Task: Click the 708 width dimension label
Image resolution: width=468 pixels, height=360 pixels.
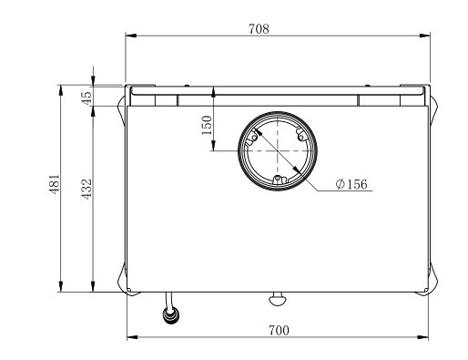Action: click(259, 29)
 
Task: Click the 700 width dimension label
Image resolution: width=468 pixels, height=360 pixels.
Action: click(279, 331)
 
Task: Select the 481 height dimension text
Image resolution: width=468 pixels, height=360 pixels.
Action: click(55, 184)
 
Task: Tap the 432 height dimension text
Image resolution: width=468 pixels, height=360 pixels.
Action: click(86, 189)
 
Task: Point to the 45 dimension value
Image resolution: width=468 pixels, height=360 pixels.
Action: click(86, 98)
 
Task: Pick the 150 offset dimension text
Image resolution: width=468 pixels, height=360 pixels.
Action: click(208, 126)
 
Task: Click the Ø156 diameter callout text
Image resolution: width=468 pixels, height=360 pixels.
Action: click(351, 184)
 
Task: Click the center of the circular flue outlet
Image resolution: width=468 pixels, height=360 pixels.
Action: click(278, 151)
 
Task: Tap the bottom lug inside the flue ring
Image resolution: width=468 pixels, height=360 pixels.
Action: click(278, 180)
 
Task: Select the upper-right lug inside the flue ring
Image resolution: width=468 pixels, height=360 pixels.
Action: click(300, 135)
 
